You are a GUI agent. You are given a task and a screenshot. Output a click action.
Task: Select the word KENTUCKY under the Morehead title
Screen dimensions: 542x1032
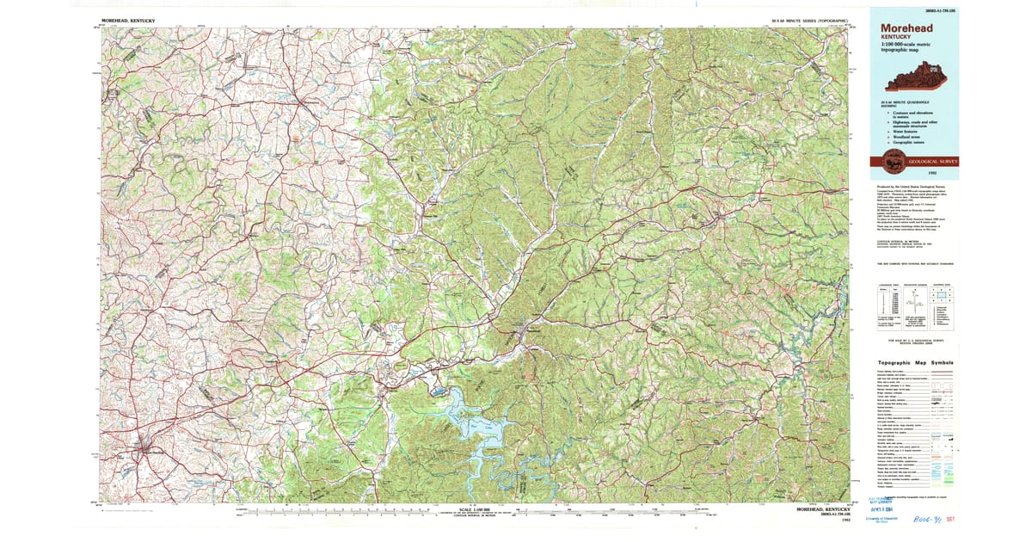click(x=898, y=39)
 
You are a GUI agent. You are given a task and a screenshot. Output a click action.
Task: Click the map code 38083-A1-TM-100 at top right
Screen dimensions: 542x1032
click(x=934, y=10)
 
